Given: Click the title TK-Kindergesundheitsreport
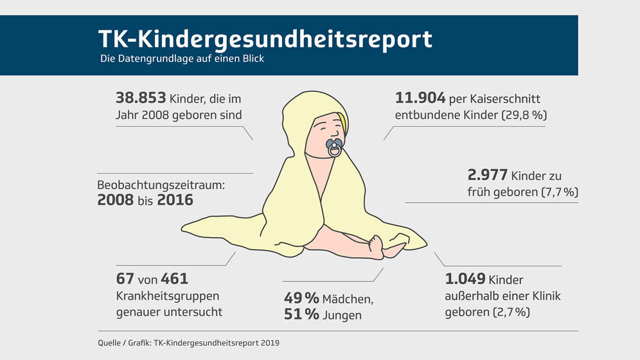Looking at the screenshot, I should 265,39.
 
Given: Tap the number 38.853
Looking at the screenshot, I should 141,98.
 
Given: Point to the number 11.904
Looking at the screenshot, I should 420,98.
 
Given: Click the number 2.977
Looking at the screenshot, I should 488,175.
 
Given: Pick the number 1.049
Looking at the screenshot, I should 465,280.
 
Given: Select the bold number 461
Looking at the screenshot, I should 174,279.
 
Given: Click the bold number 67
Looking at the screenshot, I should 125,279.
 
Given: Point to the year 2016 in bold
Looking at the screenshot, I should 175,200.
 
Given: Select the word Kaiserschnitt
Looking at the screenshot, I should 504,99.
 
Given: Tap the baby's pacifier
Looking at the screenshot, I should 334,148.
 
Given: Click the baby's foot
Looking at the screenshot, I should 375,244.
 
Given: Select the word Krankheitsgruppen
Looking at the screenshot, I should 168,296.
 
